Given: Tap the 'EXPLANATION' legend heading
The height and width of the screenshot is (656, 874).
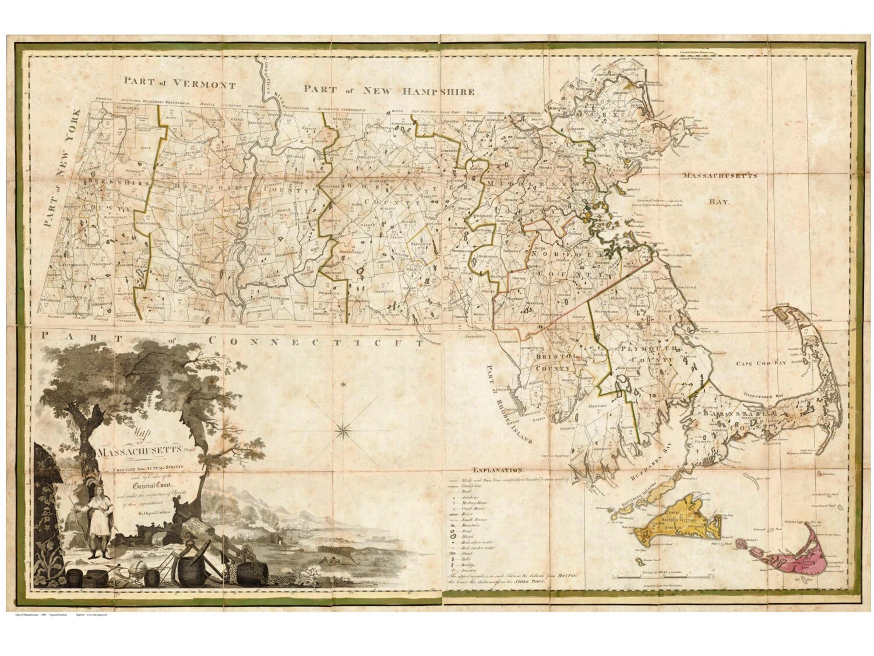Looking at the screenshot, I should click(x=499, y=469).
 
